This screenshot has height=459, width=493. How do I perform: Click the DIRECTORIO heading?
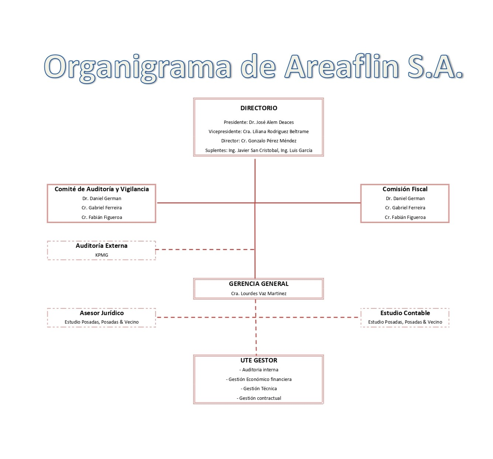(259, 108)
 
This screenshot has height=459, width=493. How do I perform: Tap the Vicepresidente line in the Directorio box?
(259, 131)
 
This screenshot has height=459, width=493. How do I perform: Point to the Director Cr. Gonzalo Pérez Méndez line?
(259, 141)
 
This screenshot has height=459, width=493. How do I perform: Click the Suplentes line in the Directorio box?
(259, 150)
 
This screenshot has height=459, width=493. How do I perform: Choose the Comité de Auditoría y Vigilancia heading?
(102, 189)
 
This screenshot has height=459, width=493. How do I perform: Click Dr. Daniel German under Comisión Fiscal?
(405, 198)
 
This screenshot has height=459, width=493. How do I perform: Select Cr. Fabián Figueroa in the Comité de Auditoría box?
(102, 217)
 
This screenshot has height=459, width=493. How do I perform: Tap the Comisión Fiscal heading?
(405, 189)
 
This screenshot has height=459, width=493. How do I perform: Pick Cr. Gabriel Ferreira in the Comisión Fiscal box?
(405, 207)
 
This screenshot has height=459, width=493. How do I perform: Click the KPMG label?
(102, 255)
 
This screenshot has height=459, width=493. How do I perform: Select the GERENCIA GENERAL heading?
(259, 284)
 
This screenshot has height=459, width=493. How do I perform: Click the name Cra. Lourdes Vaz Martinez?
(259, 293)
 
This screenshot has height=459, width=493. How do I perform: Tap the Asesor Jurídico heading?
(102, 313)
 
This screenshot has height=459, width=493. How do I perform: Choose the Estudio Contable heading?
(405, 313)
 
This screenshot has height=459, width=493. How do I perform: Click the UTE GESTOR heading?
(259, 360)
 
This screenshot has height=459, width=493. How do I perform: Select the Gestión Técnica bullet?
(259, 388)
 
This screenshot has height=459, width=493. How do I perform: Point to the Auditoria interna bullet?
(259, 370)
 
